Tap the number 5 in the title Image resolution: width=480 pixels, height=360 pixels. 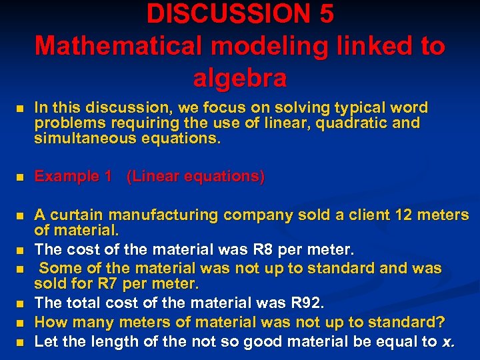(x=326, y=13)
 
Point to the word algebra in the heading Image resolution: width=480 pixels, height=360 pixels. (x=240, y=77)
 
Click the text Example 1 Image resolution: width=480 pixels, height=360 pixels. (x=73, y=177)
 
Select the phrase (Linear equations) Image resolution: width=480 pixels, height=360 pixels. (x=195, y=177)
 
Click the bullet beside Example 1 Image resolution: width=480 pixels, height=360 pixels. (x=21, y=177)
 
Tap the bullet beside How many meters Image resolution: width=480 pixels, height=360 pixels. (x=21, y=324)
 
